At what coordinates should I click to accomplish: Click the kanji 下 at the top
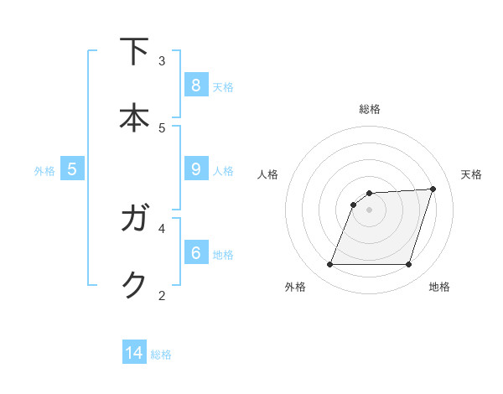(134, 52)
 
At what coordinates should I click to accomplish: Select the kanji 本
(134, 117)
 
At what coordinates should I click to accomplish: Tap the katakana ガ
(134, 220)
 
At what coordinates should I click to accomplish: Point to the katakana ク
(134, 285)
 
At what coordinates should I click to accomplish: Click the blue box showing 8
(195, 85)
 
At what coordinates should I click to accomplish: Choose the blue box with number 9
(195, 169)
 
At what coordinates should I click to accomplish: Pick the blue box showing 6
(195, 251)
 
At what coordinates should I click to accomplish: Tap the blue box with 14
(134, 354)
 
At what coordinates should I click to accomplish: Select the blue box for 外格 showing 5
(72, 169)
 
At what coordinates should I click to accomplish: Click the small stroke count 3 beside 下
(162, 60)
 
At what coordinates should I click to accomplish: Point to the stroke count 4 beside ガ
(162, 227)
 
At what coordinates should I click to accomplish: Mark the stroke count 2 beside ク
(162, 294)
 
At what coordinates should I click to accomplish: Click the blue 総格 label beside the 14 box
(161, 355)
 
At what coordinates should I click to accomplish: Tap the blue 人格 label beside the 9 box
(223, 170)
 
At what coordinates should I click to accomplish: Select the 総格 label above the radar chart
(369, 109)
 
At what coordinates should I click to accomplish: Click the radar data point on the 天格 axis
(433, 189)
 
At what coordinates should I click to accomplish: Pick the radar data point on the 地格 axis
(408, 265)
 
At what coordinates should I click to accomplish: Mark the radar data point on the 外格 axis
(329, 265)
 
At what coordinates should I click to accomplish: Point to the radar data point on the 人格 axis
(354, 205)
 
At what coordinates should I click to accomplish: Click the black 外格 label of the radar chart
(295, 288)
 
